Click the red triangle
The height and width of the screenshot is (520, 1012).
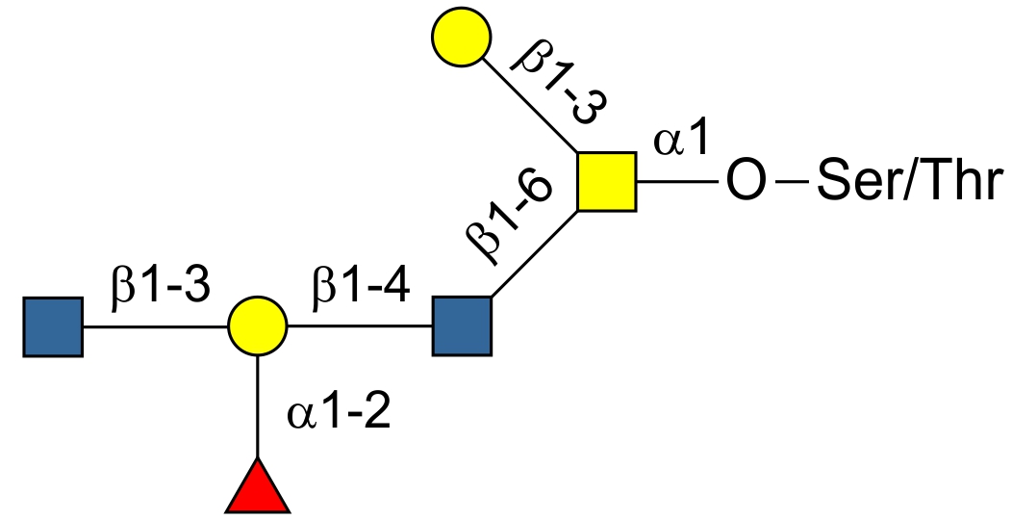(x=257, y=488)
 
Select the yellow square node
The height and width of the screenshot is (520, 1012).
(x=607, y=181)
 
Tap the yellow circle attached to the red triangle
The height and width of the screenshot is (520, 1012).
(x=257, y=326)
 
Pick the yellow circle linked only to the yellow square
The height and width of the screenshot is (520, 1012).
(x=461, y=36)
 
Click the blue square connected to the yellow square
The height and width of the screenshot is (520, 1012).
(x=462, y=326)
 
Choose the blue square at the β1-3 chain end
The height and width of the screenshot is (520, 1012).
(x=53, y=326)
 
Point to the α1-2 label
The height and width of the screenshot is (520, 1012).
(x=339, y=415)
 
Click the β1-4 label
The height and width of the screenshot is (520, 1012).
(x=359, y=288)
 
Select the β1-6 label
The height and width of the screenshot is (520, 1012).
(x=509, y=219)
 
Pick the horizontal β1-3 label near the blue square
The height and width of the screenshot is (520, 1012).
(x=159, y=288)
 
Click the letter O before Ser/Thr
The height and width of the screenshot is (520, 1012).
(x=746, y=181)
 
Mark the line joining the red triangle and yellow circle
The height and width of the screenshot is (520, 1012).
(x=257, y=404)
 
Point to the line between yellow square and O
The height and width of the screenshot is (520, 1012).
(x=678, y=181)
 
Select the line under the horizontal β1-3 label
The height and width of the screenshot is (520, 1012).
(x=154, y=326)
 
